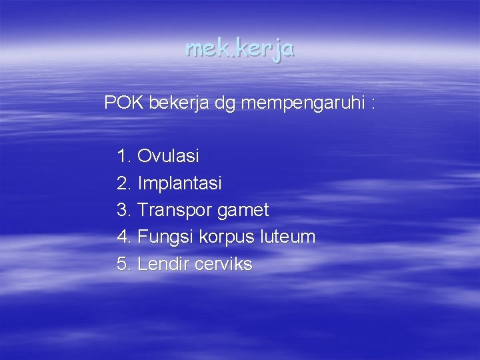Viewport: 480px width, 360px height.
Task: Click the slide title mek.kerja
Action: click(240, 49)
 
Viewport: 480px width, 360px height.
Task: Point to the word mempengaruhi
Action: click(301, 104)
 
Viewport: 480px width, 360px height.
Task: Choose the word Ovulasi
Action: click(168, 157)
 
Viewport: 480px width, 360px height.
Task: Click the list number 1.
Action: click(123, 157)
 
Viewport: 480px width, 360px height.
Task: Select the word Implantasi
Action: click(179, 183)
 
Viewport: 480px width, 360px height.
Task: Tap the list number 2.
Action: click(123, 183)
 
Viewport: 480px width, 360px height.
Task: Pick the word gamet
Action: click(243, 211)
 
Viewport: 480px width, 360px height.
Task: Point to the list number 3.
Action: click(123, 210)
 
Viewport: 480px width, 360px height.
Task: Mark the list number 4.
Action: click(123, 237)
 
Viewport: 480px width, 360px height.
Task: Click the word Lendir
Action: click(163, 264)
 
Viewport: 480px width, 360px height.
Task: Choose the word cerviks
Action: click(224, 264)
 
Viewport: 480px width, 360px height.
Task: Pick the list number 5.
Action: click(123, 264)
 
